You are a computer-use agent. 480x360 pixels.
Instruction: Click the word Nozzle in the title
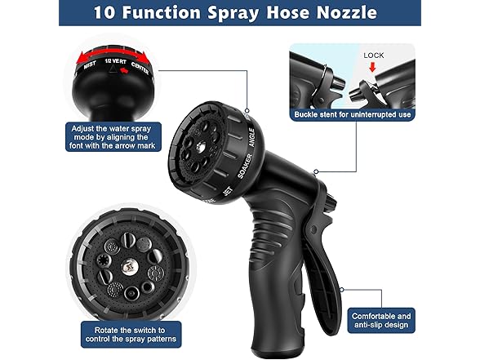343,13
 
